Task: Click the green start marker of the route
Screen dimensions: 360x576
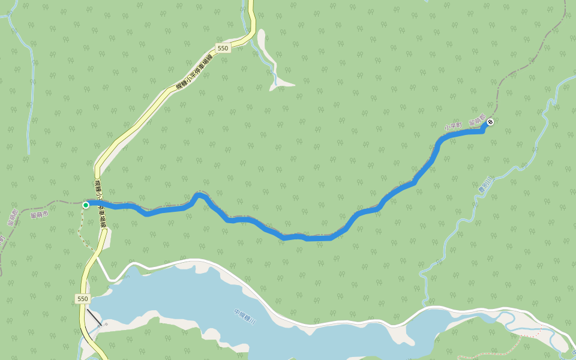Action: tap(86, 205)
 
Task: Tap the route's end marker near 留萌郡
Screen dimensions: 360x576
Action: tap(490, 122)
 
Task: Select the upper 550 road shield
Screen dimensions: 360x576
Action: tap(223, 48)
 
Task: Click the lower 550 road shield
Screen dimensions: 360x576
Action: tap(82, 298)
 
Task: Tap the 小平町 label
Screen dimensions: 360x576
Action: tap(452, 126)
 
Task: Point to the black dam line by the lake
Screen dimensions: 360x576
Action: tap(93, 316)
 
